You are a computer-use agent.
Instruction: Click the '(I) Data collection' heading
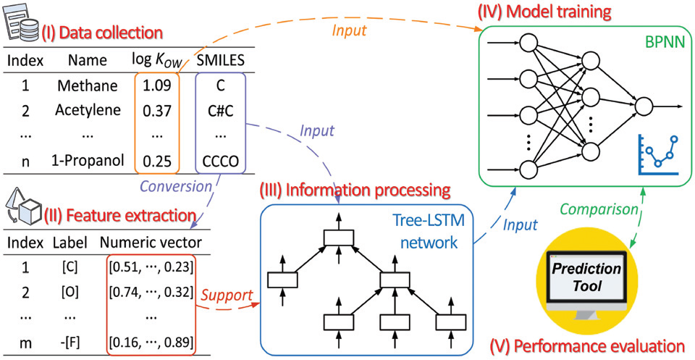click(101, 33)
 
